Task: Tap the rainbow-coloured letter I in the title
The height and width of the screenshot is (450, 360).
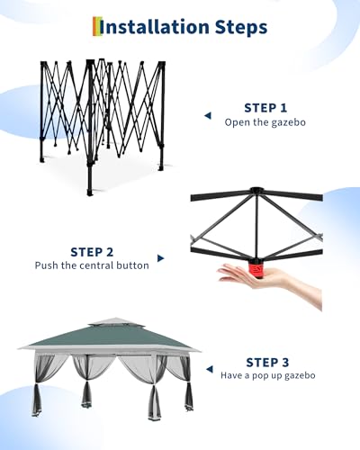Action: click(97, 27)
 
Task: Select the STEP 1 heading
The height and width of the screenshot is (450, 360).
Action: click(265, 107)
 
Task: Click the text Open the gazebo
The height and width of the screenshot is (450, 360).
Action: click(265, 121)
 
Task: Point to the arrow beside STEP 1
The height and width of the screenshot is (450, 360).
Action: click(207, 115)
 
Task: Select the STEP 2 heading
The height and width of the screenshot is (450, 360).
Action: click(93, 251)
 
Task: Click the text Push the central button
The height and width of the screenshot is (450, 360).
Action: click(93, 265)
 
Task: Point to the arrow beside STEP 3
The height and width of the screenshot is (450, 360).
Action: click(209, 370)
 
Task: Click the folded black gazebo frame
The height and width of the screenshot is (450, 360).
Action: click(103, 121)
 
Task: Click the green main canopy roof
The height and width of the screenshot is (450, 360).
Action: click(106, 340)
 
